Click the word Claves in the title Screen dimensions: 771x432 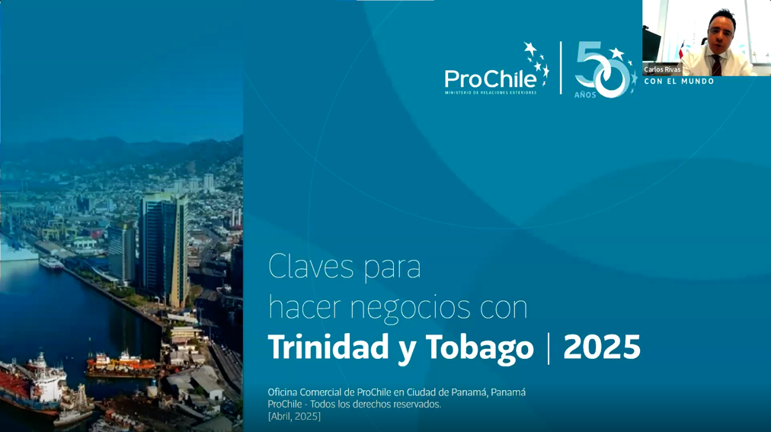(x=312, y=267)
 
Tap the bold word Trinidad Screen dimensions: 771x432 (x=328, y=347)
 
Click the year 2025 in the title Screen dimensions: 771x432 (x=602, y=347)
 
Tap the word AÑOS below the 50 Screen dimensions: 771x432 (x=585, y=94)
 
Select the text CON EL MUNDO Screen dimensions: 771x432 (x=679, y=81)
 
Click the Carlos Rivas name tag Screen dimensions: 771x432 (x=662, y=70)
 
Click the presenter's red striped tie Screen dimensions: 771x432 (x=716, y=66)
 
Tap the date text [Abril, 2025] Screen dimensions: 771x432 (x=294, y=416)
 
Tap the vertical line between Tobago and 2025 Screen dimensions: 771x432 (x=549, y=348)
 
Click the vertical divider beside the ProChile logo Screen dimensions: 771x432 (x=561, y=67)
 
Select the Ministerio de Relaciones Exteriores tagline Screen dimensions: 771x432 (x=491, y=92)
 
